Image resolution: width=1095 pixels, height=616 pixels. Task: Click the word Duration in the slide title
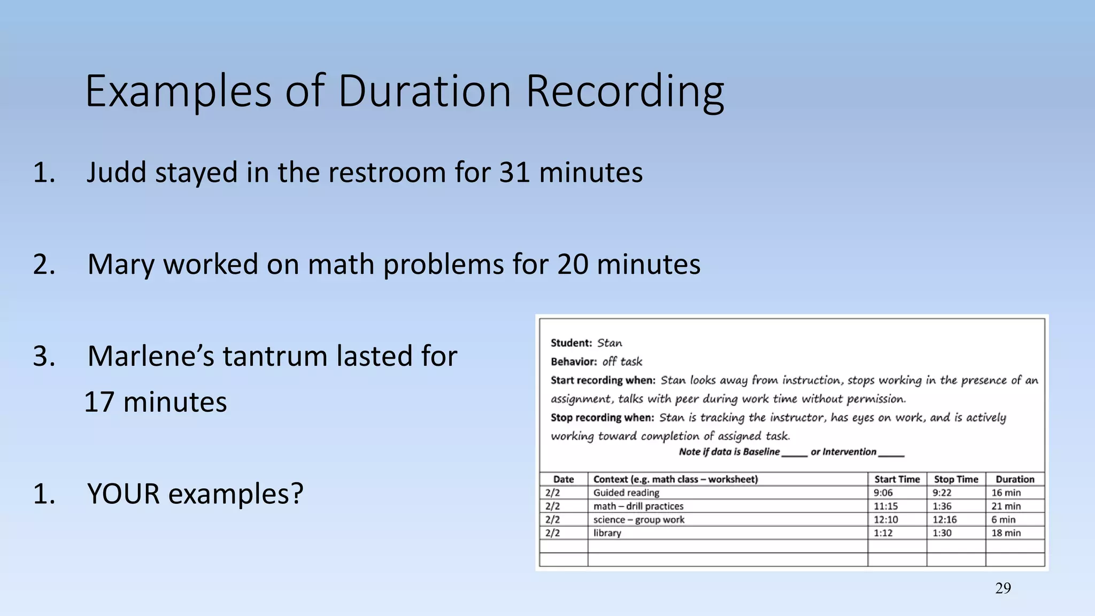coord(424,91)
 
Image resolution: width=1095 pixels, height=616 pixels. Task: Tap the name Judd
coord(116,173)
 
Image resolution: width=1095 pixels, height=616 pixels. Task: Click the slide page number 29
coord(1003,588)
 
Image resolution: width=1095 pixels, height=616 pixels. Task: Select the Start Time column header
coord(897,479)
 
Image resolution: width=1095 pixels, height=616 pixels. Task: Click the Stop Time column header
coord(955,479)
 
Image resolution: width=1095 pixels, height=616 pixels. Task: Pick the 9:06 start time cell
coord(883,492)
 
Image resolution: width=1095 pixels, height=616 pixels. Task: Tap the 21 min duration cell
coord(1006,506)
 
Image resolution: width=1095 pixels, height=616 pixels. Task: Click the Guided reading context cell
coord(626,492)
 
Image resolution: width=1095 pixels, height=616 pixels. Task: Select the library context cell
coord(607,533)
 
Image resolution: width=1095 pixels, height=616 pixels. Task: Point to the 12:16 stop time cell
coord(944,519)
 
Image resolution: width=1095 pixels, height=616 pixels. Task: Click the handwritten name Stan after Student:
coord(609,343)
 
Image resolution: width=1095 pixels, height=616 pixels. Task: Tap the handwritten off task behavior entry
coord(622,361)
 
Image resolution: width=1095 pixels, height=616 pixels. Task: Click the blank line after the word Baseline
coord(794,453)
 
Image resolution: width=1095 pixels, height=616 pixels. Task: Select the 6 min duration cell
coord(1003,519)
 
